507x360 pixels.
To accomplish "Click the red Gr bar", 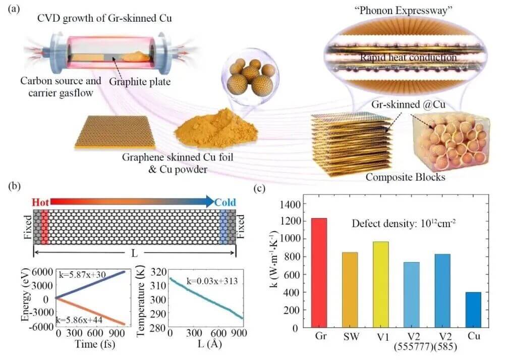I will [319, 273].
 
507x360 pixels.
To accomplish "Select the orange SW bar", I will [350, 290].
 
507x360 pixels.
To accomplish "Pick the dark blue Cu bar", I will [473, 310].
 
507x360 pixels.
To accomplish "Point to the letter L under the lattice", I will [134, 251].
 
